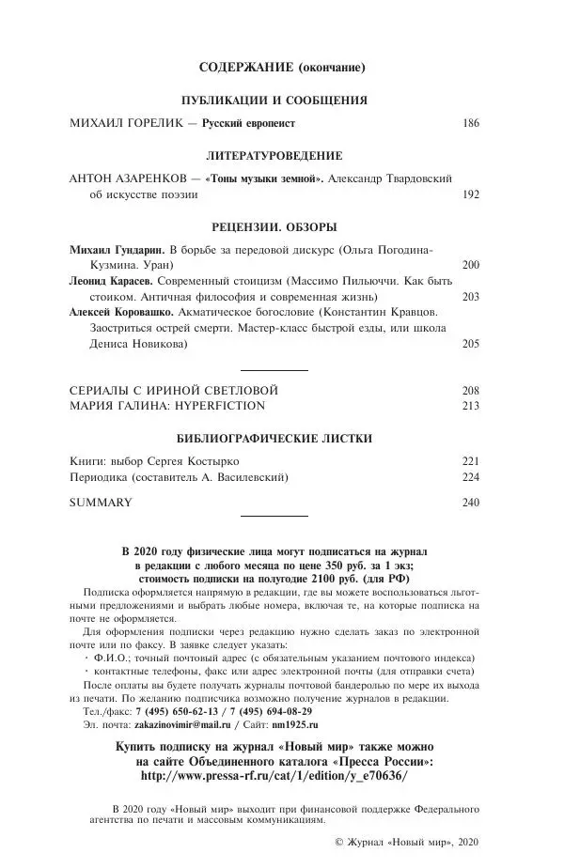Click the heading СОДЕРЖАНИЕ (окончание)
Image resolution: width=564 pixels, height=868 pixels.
[x=282, y=68]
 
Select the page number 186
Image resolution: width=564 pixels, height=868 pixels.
[x=471, y=123]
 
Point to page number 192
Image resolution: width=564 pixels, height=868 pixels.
[x=471, y=195]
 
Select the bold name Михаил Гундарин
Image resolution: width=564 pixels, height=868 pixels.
[x=112, y=249]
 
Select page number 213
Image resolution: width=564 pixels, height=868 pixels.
[x=471, y=405]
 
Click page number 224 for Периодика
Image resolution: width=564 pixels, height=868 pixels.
[x=471, y=476]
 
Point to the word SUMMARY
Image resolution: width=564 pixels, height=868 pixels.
[x=102, y=502]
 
